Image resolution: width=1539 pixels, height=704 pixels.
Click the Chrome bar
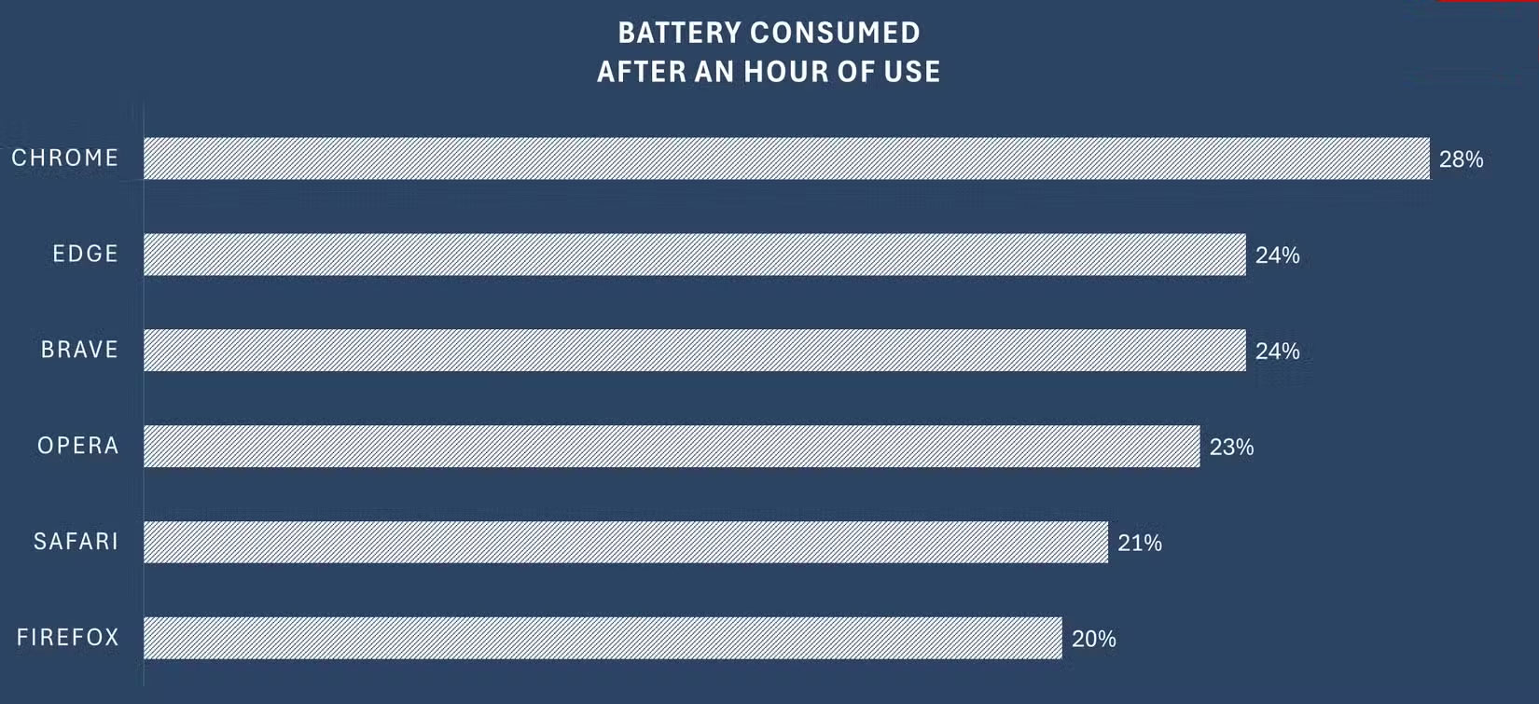tap(786, 159)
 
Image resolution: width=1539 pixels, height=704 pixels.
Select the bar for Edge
tap(695, 255)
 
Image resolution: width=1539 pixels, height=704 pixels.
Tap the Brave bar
tap(695, 350)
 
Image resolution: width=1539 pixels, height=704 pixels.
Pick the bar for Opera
tap(672, 446)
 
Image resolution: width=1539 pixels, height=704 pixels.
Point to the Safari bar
tap(626, 542)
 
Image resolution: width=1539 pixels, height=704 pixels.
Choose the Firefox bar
tap(603, 638)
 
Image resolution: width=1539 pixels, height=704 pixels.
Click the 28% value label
tap(1461, 159)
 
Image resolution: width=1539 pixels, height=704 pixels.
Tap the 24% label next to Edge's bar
tap(1277, 255)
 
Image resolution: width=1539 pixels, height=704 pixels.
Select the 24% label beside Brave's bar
tap(1277, 352)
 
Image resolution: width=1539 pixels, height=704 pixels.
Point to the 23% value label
tap(1231, 448)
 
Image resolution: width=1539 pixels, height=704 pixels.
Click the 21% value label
tap(1140, 543)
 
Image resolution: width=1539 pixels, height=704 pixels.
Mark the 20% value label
tap(1093, 639)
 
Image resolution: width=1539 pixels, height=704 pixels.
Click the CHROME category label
tap(65, 159)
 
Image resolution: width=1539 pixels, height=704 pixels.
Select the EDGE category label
tap(85, 254)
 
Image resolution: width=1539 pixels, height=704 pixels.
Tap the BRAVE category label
tap(79, 350)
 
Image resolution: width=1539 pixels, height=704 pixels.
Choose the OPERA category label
tap(77, 446)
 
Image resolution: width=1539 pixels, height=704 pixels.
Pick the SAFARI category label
tap(76, 542)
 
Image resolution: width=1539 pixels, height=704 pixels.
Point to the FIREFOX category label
tap(67, 638)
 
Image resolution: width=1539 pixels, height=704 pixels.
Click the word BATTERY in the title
tap(678, 33)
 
